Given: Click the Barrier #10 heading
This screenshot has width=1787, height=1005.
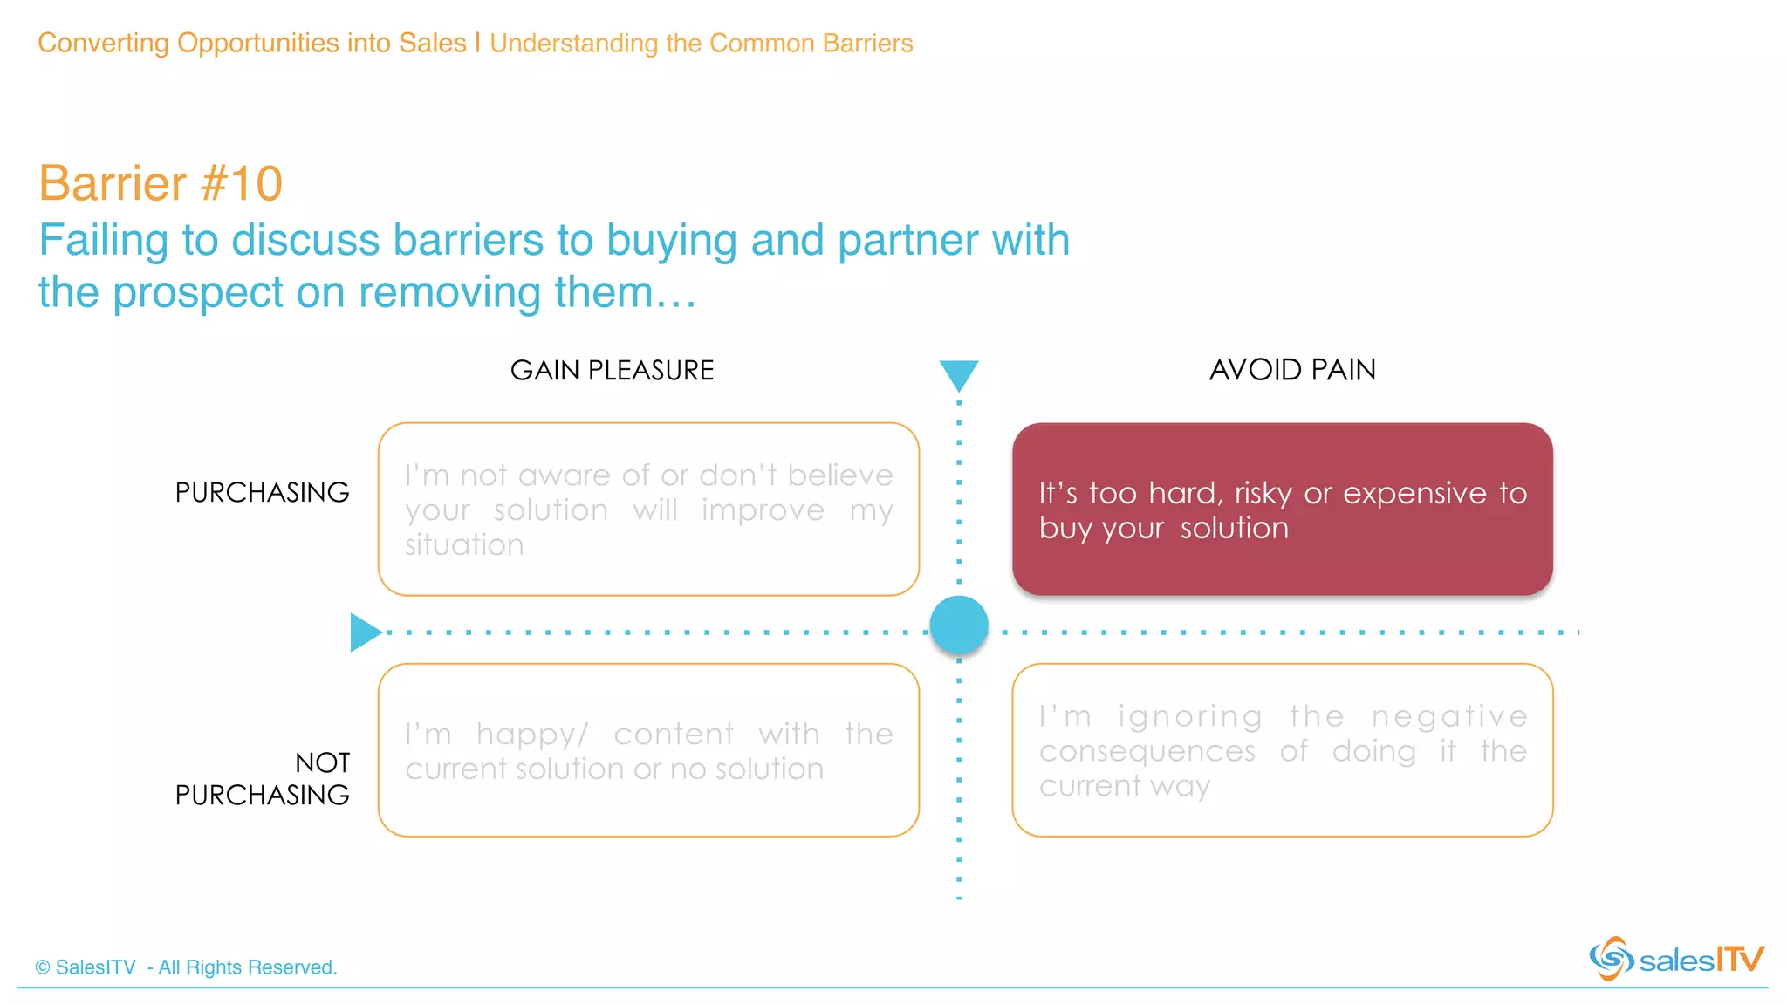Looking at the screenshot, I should click(x=161, y=184).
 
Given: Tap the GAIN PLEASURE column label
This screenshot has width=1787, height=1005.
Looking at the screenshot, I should click(x=612, y=371).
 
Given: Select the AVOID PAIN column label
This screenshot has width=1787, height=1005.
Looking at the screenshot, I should click(x=1291, y=370).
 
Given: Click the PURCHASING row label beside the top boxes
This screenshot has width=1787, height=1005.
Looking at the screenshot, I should click(x=262, y=493).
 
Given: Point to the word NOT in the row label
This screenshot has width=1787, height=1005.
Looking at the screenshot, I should click(x=322, y=763).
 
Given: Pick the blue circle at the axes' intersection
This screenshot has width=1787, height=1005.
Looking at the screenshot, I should click(x=958, y=626).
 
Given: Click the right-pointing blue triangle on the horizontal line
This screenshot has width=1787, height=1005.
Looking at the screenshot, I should click(x=364, y=632).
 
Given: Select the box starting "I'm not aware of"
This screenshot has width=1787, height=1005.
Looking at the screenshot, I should click(x=648, y=509).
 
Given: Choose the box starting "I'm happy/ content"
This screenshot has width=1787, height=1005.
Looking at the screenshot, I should click(x=648, y=750).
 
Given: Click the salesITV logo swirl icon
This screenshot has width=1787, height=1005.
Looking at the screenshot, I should click(x=1611, y=959).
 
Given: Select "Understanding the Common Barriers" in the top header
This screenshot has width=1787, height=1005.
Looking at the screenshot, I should click(x=701, y=44).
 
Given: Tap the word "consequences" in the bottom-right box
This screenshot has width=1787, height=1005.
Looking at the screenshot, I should click(x=1147, y=751).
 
